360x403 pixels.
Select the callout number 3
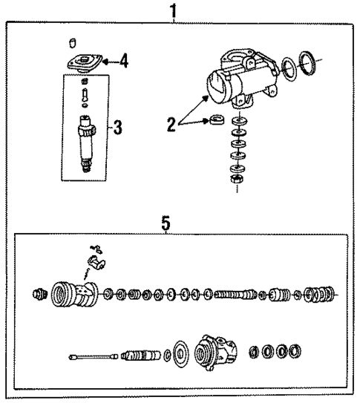point(117,127)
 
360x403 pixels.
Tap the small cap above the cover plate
point(73,40)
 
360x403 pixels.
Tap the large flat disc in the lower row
point(179,353)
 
